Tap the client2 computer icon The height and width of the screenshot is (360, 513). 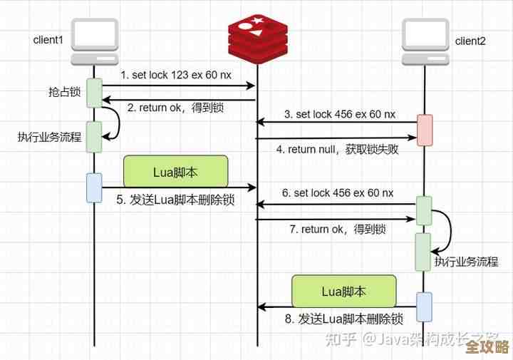425,41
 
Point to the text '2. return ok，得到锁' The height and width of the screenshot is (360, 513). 176,108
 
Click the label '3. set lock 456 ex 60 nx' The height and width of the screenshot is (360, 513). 338,114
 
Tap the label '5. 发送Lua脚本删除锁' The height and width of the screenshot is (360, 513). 175,200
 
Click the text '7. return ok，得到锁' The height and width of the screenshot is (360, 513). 338,229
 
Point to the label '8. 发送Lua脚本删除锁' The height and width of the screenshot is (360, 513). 344,318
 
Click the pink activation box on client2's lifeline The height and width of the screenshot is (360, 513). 424,130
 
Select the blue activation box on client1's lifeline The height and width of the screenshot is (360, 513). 94,187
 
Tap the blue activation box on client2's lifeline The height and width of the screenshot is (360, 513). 424,306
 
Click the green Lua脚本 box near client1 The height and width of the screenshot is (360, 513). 175,173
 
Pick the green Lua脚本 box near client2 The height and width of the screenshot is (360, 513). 343,291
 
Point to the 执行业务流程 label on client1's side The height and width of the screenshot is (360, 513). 48,137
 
